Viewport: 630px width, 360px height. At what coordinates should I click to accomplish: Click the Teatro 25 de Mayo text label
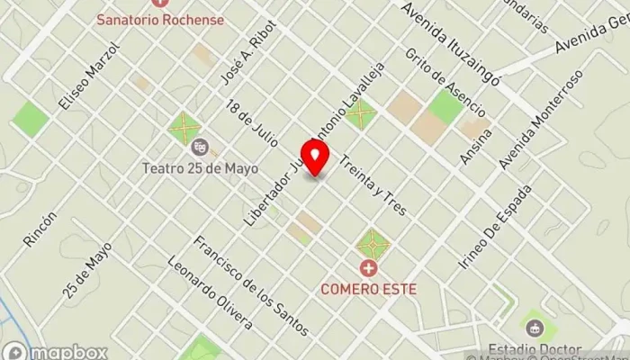(200, 167)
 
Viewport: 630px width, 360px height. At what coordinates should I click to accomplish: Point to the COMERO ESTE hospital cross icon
(368, 267)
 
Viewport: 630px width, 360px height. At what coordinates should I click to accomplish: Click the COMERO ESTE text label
(367, 289)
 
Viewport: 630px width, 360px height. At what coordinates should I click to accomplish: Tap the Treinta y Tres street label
(373, 186)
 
